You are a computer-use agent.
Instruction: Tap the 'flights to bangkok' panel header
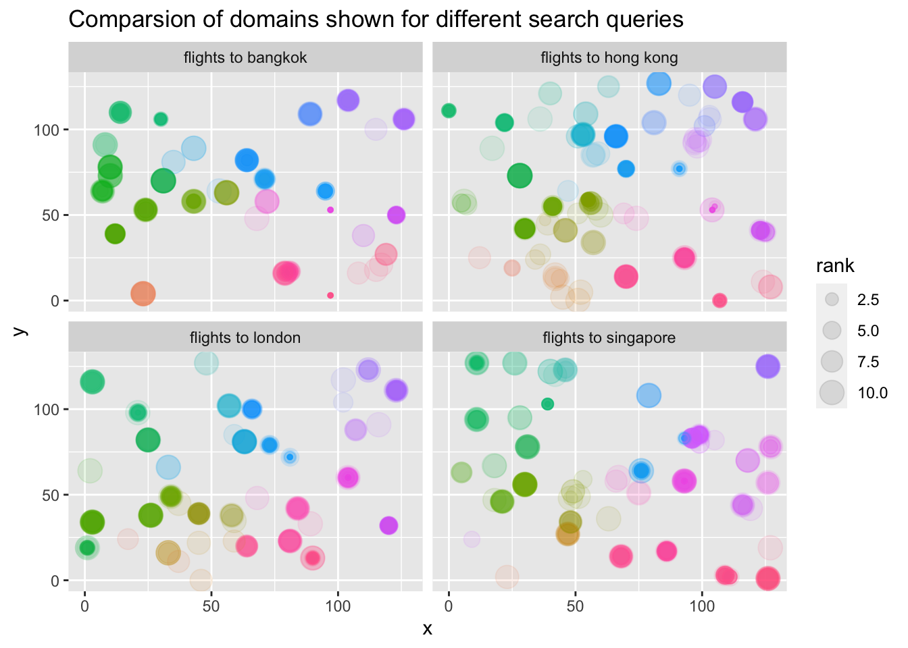coord(245,57)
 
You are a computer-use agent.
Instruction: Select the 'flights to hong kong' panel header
coord(609,57)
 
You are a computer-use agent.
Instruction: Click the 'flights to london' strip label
coord(245,337)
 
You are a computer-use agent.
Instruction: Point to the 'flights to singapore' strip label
coord(609,337)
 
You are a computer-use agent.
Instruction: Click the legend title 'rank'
coord(835,266)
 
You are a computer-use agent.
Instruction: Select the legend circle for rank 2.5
coord(832,299)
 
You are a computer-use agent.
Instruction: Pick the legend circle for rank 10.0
coord(832,392)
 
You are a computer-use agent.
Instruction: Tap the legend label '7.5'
coord(868,362)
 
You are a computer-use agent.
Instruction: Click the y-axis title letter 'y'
coord(20,331)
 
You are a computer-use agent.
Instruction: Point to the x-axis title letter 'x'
coord(427,629)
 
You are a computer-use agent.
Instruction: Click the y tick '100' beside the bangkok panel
coord(47,130)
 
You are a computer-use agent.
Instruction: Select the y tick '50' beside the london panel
coord(51,495)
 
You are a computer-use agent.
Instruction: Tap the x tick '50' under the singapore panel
coord(575,606)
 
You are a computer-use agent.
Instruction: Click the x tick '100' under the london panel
coord(338,606)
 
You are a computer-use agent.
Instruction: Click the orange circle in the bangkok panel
coord(143,294)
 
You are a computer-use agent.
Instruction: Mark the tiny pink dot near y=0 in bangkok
coord(330,295)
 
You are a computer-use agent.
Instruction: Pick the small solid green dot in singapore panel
coord(548,404)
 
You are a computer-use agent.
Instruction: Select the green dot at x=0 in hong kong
coord(449,111)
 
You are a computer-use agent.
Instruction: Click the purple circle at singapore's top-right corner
coord(767,367)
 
